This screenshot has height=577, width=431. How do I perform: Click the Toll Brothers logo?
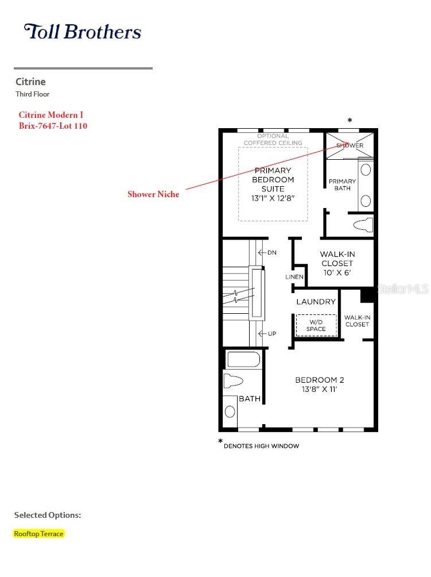coord(82,32)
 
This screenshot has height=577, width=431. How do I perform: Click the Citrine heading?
coord(30,82)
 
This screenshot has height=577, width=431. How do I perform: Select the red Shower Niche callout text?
coord(153,194)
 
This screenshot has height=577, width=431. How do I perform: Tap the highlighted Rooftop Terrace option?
coord(38,533)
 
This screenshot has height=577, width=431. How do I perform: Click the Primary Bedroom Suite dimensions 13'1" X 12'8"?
coord(273,198)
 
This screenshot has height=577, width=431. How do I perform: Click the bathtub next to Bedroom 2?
coord(243,360)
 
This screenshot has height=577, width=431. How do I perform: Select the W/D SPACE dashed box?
coord(316,325)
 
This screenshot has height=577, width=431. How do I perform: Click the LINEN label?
coord(294,277)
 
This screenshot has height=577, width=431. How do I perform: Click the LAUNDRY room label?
coord(316,302)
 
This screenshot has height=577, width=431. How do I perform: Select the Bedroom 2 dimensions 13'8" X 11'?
coord(319,389)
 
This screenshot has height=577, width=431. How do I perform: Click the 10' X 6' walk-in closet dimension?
coord(337,272)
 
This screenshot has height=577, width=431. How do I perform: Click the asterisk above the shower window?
coord(350,120)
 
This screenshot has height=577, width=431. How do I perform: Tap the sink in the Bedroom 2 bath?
coord(230,411)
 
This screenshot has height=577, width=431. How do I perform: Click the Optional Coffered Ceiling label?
coord(273,140)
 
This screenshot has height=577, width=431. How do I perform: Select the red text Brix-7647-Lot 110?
coord(53,126)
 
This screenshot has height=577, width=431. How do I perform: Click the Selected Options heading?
coord(48,515)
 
